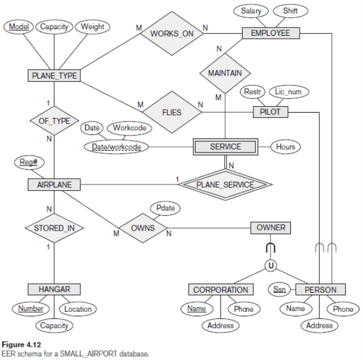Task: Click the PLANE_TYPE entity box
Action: [54, 75]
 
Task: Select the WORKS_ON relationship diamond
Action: [172, 33]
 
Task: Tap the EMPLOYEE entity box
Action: [270, 33]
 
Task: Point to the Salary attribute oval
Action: [251, 11]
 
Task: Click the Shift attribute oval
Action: [291, 11]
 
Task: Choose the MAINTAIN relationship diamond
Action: [225, 73]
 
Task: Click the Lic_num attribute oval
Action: [288, 92]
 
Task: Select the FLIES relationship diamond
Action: [172, 111]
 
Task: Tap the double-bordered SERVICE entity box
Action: [225, 146]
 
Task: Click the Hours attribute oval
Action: [286, 146]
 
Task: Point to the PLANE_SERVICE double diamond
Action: [225, 185]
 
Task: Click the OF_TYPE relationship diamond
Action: [54, 121]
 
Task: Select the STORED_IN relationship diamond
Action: [54, 228]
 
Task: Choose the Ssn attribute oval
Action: [280, 290]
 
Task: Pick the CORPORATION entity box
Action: [221, 290]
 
